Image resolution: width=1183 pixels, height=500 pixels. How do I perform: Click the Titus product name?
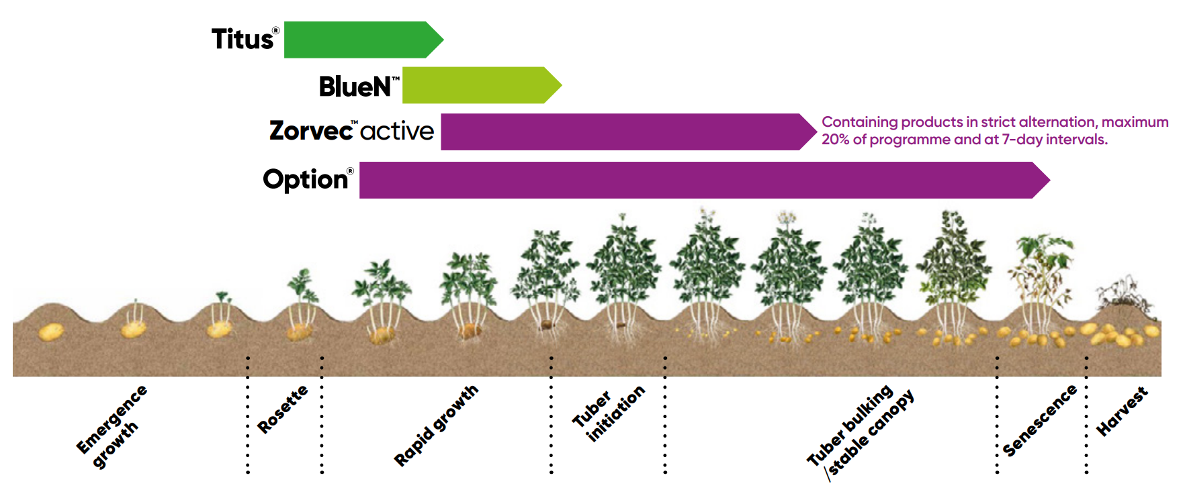[243, 40]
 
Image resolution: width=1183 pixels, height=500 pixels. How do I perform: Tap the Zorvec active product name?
[351, 130]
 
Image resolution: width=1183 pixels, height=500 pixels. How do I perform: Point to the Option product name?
[306, 179]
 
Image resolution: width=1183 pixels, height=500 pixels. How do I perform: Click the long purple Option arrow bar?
[699, 180]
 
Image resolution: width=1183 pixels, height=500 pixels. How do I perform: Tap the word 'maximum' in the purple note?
[1135, 122]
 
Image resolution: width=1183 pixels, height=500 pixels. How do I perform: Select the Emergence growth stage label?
[111, 426]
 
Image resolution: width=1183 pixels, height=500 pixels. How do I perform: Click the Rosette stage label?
[283, 409]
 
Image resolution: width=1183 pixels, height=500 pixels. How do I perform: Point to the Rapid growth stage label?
[436, 425]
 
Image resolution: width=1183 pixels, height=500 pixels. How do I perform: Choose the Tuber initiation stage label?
[609, 415]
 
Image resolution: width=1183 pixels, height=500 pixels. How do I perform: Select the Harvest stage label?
[1122, 411]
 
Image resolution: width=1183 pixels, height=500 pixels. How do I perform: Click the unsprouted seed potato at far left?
[50, 332]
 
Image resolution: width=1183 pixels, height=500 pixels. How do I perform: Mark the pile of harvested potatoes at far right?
[1122, 334]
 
